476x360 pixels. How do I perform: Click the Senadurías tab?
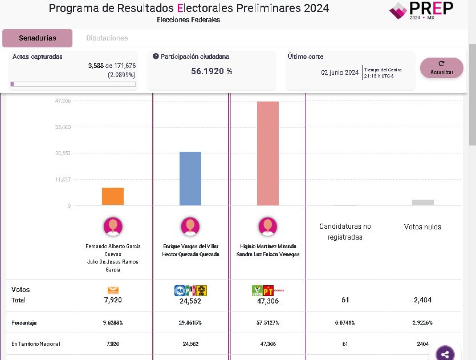pos(37,38)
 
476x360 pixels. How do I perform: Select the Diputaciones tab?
pos(107,38)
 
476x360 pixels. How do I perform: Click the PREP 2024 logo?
pos(421,10)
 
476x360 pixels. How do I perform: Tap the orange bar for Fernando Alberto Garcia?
pos(113,196)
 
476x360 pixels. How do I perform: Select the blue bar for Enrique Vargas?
pos(190,179)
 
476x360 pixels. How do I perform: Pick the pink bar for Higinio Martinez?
pos(268,153)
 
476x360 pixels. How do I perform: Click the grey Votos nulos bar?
pos(423,202)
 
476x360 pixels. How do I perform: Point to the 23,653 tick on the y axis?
pos(63,153)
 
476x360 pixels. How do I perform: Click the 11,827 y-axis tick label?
pos(63,180)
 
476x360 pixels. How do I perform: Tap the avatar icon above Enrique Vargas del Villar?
pos(190,226)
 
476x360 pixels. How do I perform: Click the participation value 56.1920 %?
pos(211,71)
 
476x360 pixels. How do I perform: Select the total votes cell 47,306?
pos(268,301)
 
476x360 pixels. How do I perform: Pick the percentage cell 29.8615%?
pos(190,323)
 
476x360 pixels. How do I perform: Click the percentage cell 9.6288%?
pos(113,323)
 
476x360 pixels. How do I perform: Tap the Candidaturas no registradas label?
pos(345,232)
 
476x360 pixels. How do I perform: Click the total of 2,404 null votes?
pos(423,300)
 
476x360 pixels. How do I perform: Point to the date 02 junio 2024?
pos(340,72)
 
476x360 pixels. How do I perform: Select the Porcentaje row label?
pos(24,323)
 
